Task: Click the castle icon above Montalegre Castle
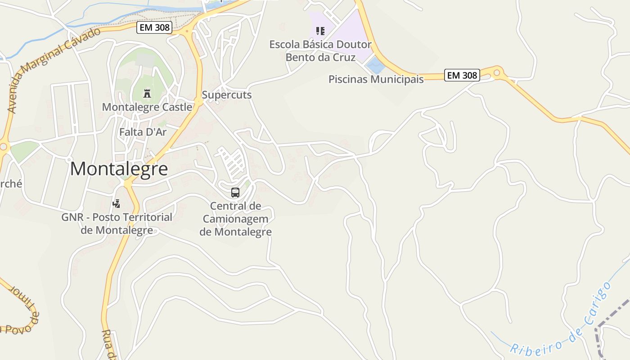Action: [x=147, y=94]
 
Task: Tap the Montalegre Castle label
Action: [x=147, y=107]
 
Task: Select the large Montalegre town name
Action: [x=119, y=169]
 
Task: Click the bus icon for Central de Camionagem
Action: [x=235, y=193]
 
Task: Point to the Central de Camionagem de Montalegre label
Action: [x=235, y=219]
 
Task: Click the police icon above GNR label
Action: [x=117, y=203]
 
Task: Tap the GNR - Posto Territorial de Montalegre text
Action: [x=117, y=224]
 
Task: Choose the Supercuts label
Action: [x=226, y=95]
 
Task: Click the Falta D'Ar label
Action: [x=143, y=132]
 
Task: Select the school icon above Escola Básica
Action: [x=320, y=31]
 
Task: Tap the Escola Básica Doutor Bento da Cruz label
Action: [x=320, y=51]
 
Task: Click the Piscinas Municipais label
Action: [x=376, y=80]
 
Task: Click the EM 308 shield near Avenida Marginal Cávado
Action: [x=154, y=27]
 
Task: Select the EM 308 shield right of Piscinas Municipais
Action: [x=462, y=75]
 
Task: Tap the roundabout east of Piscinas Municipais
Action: [x=497, y=72]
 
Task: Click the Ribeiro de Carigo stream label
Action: [x=561, y=318]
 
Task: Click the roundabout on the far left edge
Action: [x=3, y=147]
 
